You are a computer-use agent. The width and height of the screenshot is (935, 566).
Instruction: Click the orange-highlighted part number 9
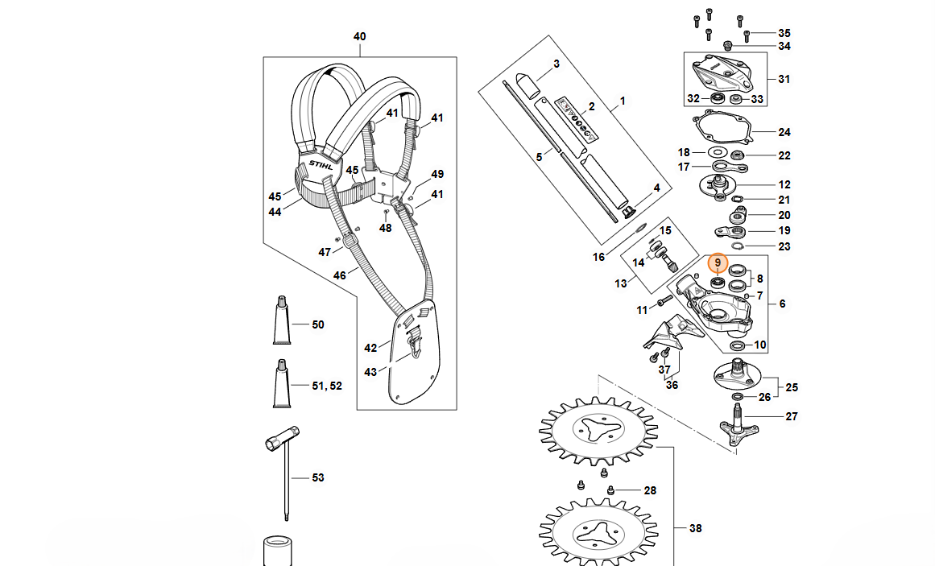pyautogui.click(x=717, y=263)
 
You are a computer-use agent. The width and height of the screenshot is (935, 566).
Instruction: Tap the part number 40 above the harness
pyautogui.click(x=360, y=37)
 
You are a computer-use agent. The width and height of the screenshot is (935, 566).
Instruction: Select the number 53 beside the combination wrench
pyautogui.click(x=318, y=477)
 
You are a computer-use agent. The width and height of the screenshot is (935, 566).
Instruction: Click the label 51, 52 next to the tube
pyautogui.click(x=326, y=386)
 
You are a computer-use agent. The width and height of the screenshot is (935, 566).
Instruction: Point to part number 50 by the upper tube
pyautogui.click(x=318, y=324)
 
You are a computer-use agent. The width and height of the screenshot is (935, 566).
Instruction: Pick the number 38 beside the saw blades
pyautogui.click(x=696, y=528)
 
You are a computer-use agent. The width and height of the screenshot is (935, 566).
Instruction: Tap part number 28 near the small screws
pyautogui.click(x=650, y=490)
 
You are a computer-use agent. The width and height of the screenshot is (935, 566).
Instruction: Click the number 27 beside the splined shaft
pyautogui.click(x=791, y=416)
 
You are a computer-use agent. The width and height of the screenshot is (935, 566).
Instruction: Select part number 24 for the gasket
pyautogui.click(x=784, y=132)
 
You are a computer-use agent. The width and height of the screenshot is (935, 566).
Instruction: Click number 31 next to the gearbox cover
pyautogui.click(x=784, y=79)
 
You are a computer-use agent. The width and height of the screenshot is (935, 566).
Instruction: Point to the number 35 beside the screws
pyautogui.click(x=784, y=33)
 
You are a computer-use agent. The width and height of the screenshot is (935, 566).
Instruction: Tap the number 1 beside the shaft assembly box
pyautogui.click(x=622, y=102)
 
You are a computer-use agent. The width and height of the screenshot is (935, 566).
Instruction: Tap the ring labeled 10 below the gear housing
pyautogui.click(x=736, y=345)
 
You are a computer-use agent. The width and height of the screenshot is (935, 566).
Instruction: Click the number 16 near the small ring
pyautogui.click(x=598, y=257)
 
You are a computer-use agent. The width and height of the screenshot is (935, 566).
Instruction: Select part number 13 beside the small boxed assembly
pyautogui.click(x=620, y=283)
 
